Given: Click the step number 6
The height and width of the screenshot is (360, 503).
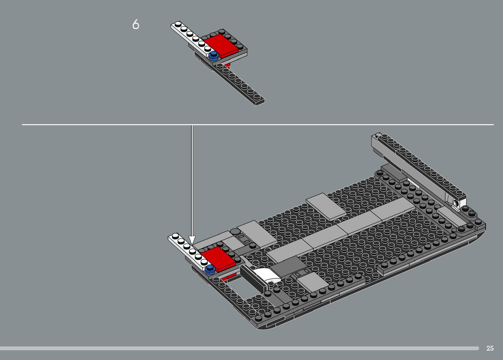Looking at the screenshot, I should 136,24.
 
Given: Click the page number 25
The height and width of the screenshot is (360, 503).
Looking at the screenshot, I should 490,348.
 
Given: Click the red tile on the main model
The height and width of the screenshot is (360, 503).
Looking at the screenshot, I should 218,259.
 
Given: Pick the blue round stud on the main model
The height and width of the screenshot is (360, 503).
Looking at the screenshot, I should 210,269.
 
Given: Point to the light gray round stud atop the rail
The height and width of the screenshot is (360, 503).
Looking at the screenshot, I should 378,135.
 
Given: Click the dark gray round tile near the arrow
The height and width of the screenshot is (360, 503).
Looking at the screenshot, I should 235,232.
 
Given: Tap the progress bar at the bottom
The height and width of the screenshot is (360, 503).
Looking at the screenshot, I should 240,348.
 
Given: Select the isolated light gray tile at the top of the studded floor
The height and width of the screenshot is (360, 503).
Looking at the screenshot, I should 326,206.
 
